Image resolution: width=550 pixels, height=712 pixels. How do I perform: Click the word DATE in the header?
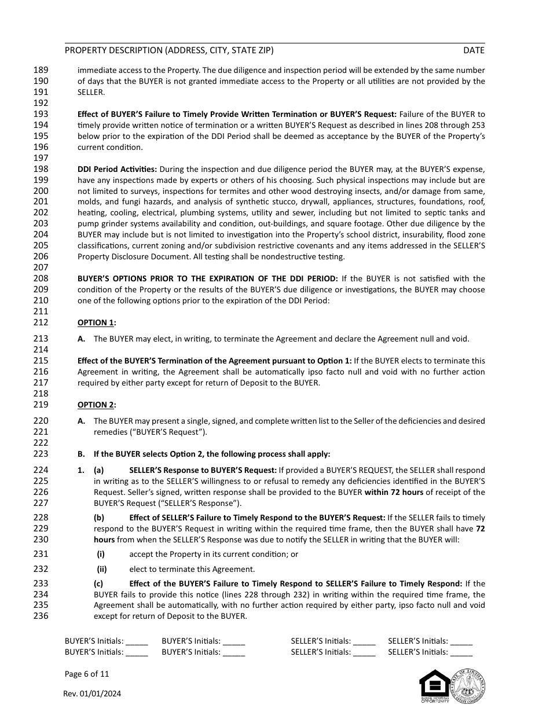coord(474,50)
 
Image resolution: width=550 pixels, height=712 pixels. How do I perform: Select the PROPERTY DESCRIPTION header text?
coord(169,50)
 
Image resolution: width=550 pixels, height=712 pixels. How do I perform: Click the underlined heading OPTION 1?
coord(97,322)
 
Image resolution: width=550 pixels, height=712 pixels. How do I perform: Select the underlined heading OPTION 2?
coord(97,405)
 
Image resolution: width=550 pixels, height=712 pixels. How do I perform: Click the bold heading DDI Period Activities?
coord(117,169)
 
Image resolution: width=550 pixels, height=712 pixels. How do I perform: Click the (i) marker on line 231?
coord(101,554)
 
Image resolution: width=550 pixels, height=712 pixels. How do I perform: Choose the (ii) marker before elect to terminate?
coord(102,569)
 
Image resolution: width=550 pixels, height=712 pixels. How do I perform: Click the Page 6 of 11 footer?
coord(87,674)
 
